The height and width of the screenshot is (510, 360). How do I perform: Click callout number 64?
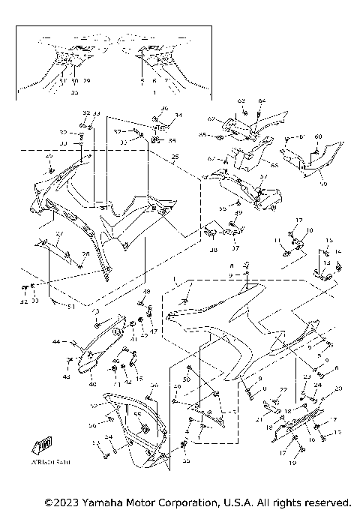pyautogui.click(x=262, y=100)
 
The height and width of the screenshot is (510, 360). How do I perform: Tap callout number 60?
pyautogui.click(x=318, y=136)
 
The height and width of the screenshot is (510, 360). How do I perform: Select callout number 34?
pyautogui.click(x=178, y=115)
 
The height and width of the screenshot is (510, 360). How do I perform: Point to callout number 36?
pyautogui.click(x=165, y=109)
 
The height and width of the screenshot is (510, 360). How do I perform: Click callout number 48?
pyautogui.click(x=147, y=291)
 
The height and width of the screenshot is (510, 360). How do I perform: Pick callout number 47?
pyautogui.click(x=154, y=331)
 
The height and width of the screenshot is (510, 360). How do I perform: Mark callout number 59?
pyautogui.click(x=303, y=182)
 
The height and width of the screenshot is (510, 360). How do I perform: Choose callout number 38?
pyautogui.click(x=214, y=250)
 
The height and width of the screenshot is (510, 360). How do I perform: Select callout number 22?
pyautogui.click(x=283, y=389)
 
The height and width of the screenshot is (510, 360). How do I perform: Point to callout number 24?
pyautogui.click(x=317, y=385)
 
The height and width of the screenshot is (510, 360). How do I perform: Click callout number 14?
pyautogui.click(x=337, y=251)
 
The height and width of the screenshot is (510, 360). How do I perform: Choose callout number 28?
pyautogui.click(x=85, y=254)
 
